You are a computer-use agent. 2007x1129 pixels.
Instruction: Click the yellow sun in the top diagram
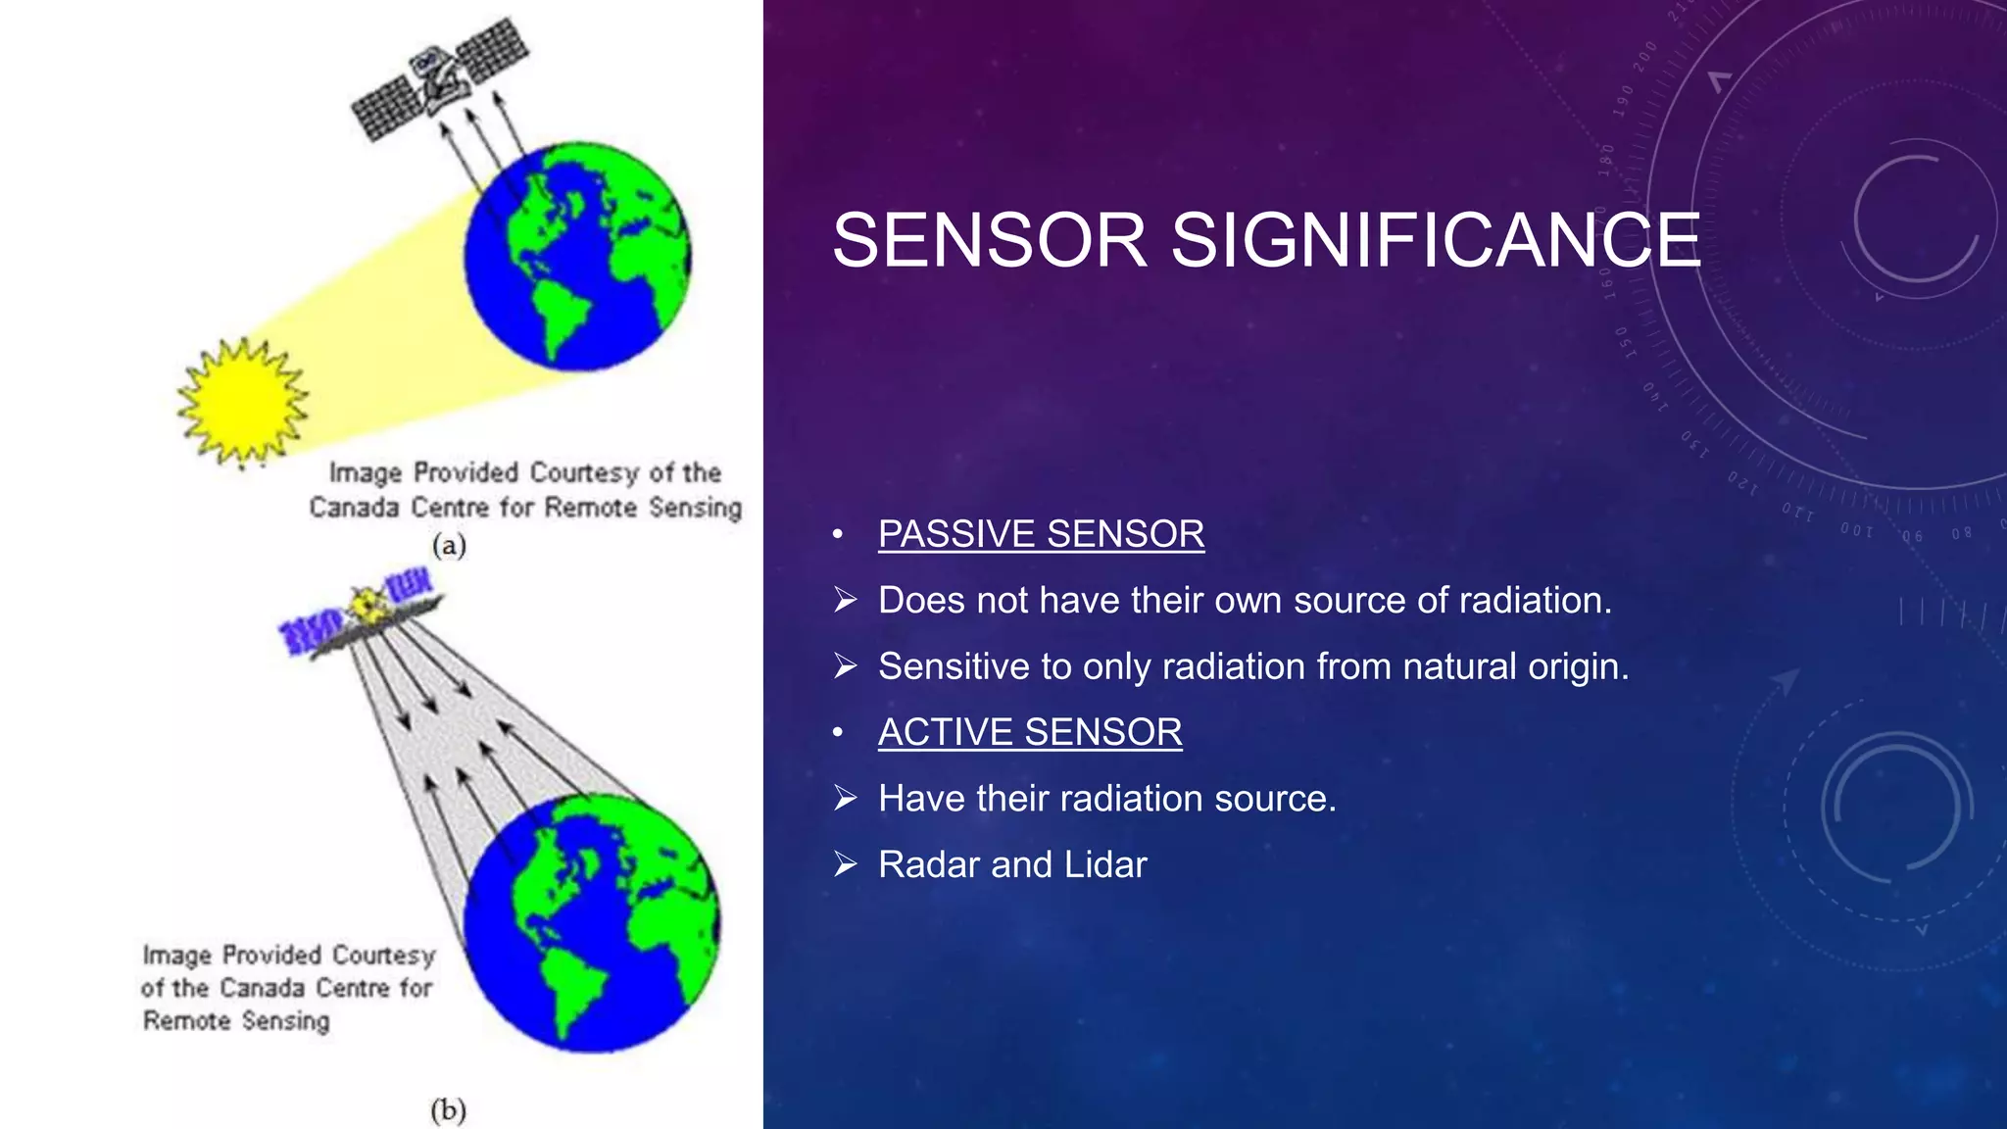[242, 402]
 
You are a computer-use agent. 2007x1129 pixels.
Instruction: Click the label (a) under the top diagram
[449, 546]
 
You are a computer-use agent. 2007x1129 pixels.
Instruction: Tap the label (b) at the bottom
[448, 1110]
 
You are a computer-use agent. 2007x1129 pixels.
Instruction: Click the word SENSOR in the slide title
[989, 241]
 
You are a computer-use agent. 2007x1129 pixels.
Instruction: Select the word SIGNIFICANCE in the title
[1436, 241]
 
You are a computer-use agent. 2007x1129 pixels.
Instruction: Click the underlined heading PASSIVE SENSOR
[1041, 534]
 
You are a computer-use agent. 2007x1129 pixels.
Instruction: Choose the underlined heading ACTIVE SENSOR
[1030, 732]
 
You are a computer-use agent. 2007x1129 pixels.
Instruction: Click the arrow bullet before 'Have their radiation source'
[846, 799]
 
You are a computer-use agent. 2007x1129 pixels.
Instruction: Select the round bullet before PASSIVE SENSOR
[837, 535]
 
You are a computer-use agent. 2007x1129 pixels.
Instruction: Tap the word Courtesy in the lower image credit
[383, 955]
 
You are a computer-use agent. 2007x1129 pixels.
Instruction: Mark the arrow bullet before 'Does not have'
[846, 600]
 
